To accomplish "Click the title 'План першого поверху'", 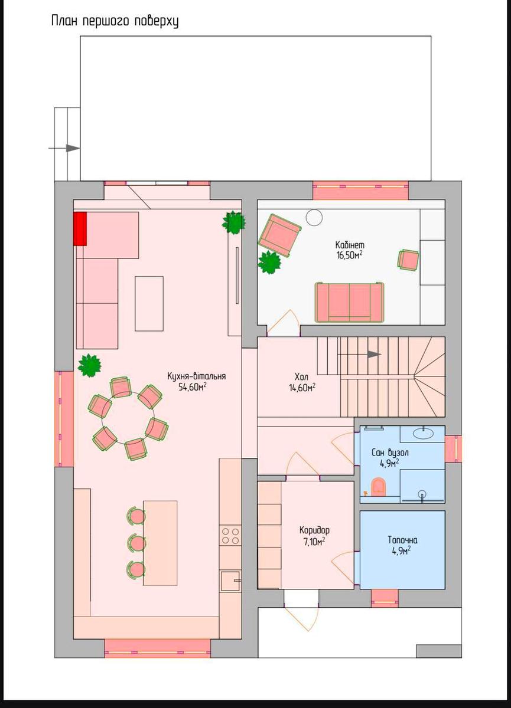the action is click(x=115, y=21).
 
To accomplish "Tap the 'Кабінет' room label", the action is click(x=350, y=245).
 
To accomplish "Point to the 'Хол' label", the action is click(x=301, y=377).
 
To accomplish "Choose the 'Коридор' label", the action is click(x=314, y=530).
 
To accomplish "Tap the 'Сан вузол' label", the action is click(x=390, y=453).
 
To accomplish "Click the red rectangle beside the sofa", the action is click(x=80, y=228).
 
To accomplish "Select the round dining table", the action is click(x=128, y=418).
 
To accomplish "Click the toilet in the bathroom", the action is click(x=379, y=486).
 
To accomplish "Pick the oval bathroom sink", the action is click(x=424, y=433).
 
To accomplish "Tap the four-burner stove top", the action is click(x=230, y=536).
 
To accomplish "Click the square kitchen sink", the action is click(x=230, y=581).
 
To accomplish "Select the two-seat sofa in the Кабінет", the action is click(x=350, y=302).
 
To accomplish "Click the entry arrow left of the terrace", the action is click(x=64, y=148).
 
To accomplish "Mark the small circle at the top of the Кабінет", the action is click(x=314, y=218).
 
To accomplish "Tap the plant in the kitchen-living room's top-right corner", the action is click(x=234, y=222).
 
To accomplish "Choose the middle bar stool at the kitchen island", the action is click(x=136, y=543).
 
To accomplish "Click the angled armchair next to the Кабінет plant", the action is click(x=279, y=235).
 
